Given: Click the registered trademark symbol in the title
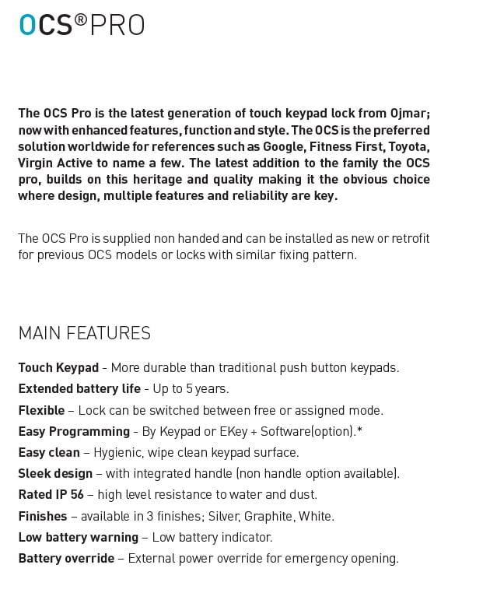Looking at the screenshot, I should (x=81, y=20).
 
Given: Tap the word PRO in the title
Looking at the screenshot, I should (x=117, y=26).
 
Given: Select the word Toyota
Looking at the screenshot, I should (x=408, y=146).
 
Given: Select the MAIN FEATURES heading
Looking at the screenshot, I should (x=84, y=333).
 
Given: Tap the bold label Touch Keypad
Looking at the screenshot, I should (x=58, y=367).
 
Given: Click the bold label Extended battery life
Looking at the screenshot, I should (x=79, y=388).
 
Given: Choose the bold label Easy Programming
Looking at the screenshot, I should (x=74, y=431).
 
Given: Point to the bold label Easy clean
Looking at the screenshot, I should (x=49, y=452).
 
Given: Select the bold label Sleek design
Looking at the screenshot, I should (x=55, y=473).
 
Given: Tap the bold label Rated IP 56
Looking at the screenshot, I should (x=51, y=494).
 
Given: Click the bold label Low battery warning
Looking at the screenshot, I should (x=78, y=537).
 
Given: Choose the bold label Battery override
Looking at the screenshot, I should (x=66, y=558).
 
